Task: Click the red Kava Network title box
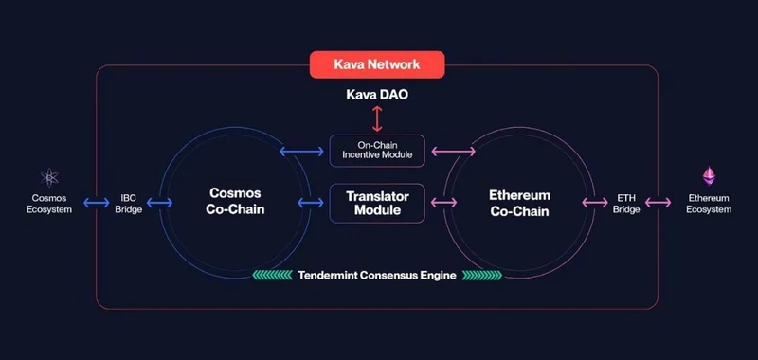tap(377, 64)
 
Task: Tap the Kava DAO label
tap(377, 94)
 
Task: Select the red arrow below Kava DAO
tap(377, 118)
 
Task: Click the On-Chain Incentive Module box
tap(377, 151)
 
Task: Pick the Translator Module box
tap(377, 203)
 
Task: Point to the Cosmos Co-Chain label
tap(235, 201)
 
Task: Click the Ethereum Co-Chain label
tap(519, 203)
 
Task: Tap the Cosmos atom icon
tap(49, 177)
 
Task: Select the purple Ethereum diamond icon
tap(709, 176)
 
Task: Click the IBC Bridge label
tap(129, 204)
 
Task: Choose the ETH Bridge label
tap(626, 204)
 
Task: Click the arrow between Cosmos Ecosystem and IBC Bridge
tap(97, 203)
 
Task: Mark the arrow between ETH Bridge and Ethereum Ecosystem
tap(658, 203)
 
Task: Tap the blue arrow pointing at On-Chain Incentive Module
tap(301, 152)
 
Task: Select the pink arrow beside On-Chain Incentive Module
tap(453, 152)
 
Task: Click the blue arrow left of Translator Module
tap(311, 203)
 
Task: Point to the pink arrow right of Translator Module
tap(443, 203)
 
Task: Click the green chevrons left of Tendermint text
tap(273, 275)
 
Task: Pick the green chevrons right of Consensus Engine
tap(482, 275)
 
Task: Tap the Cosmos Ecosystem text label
tap(49, 204)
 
